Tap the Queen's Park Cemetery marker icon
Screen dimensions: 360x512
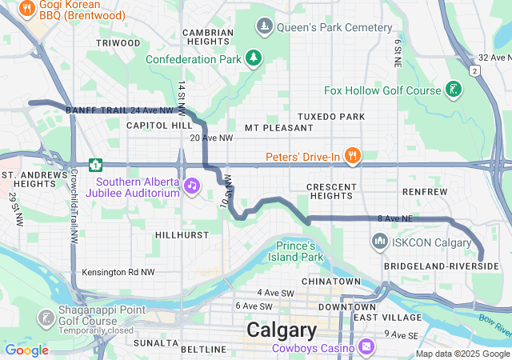265,27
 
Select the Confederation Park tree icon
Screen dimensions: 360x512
254,58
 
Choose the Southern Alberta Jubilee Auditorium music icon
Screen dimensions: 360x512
192,186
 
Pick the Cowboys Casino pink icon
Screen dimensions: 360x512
366,347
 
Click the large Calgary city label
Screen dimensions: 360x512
281,330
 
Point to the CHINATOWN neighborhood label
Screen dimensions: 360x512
330,282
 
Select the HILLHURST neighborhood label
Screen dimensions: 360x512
182,235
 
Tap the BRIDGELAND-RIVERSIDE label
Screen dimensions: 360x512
441,266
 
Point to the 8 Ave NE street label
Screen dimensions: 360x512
394,218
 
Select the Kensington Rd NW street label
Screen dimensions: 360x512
118,273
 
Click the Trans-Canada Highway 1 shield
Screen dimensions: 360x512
96,166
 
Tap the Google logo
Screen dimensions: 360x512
26,350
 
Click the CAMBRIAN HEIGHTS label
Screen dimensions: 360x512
208,38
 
